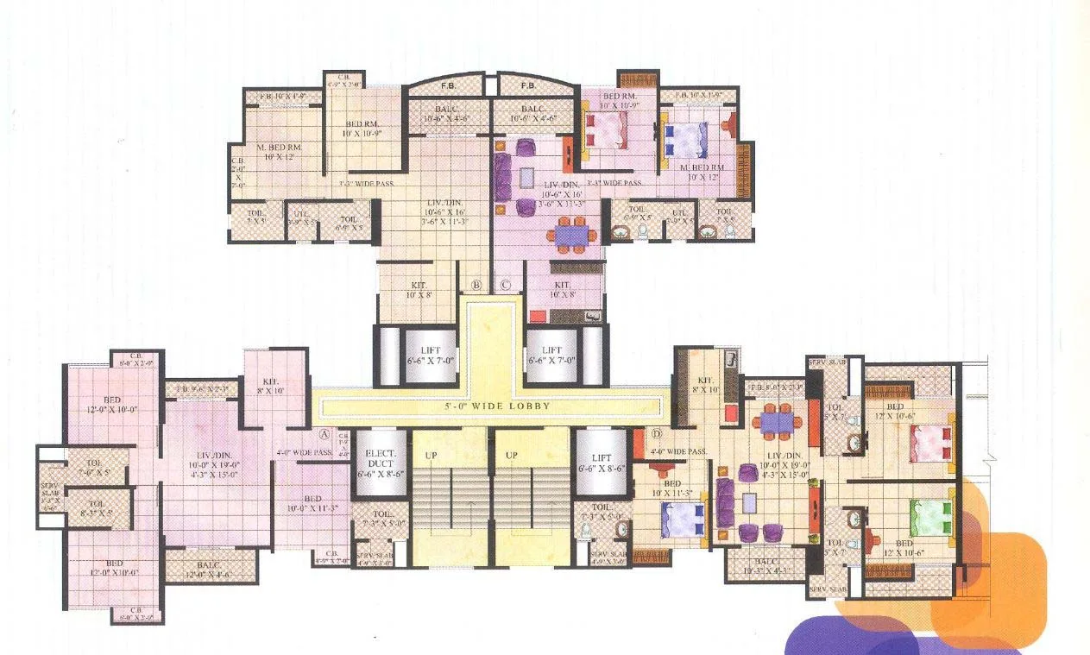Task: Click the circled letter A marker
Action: point(325,434)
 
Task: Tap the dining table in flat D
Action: point(776,420)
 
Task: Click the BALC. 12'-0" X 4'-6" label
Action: point(211,567)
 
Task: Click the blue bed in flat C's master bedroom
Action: point(686,139)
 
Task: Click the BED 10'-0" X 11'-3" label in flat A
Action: point(312,503)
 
